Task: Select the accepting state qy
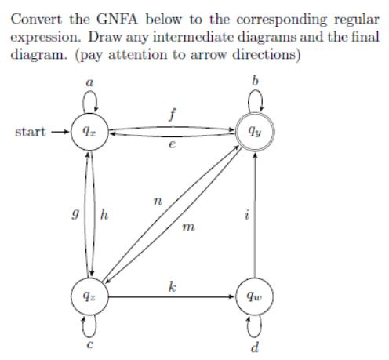(x=255, y=133)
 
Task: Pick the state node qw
(x=255, y=297)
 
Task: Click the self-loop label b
(x=255, y=81)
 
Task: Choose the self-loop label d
(x=255, y=346)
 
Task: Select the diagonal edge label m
(x=186, y=228)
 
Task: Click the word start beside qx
(x=31, y=132)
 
